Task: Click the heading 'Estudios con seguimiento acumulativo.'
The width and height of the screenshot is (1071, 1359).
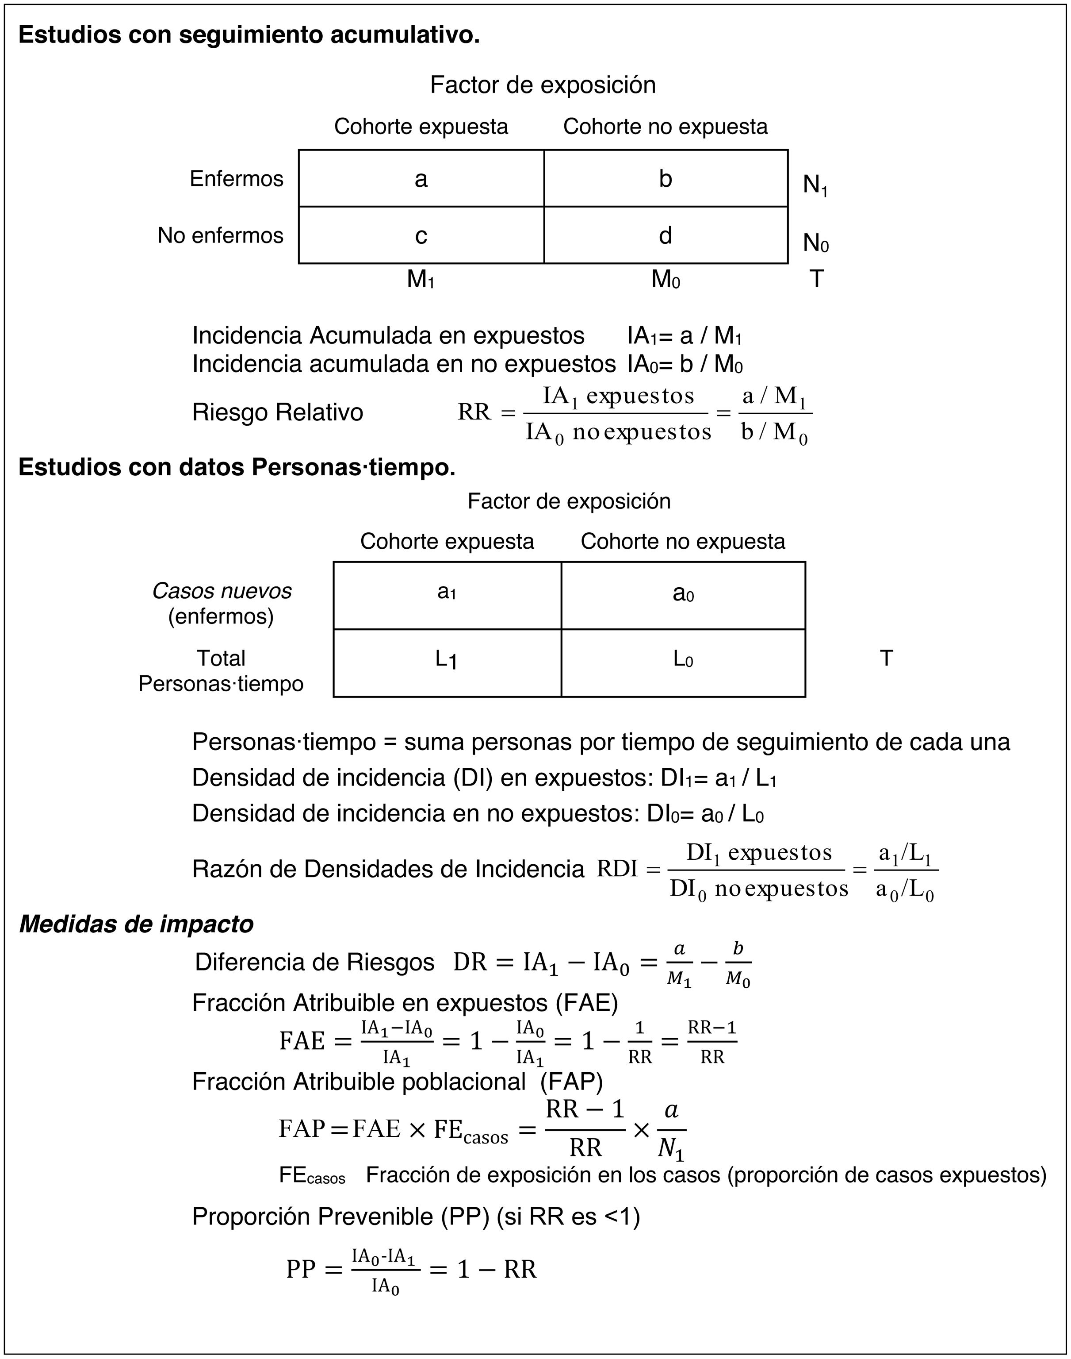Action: [x=249, y=35]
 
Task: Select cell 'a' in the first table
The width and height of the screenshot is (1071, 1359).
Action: [x=421, y=179]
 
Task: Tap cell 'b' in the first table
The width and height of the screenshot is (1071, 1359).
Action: [x=666, y=179]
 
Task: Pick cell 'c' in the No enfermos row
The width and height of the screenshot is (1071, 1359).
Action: [x=421, y=235]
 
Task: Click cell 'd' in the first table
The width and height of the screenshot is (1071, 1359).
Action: [x=666, y=235]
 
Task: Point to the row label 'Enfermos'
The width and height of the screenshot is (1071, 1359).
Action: [x=237, y=179]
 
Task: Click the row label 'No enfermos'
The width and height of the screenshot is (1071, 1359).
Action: [x=220, y=235]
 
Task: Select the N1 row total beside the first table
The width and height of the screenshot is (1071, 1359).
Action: [x=815, y=185]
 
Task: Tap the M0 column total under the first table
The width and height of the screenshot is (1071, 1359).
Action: [x=666, y=279]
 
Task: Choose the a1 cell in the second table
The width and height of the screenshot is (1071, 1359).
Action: [x=447, y=592]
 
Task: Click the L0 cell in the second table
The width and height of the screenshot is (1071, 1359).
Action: [x=683, y=659]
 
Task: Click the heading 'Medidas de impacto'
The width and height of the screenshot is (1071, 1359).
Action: [x=136, y=924]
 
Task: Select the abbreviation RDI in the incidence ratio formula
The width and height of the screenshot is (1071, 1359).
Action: [x=617, y=869]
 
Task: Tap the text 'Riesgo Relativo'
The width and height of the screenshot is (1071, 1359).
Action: [x=277, y=413]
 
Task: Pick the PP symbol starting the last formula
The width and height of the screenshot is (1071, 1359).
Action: [x=301, y=1269]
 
